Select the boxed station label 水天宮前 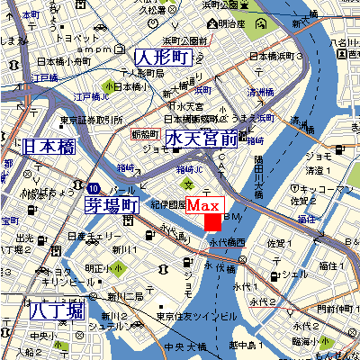click(x=201, y=139)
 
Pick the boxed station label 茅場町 click(x=112, y=205)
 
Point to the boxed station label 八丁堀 click(x=56, y=310)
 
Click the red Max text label click(x=209, y=206)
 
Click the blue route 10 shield click(x=94, y=188)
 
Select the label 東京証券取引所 click(x=92, y=120)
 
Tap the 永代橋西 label click(x=227, y=243)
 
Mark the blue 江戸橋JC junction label click(x=90, y=95)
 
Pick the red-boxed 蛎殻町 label click(x=144, y=133)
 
